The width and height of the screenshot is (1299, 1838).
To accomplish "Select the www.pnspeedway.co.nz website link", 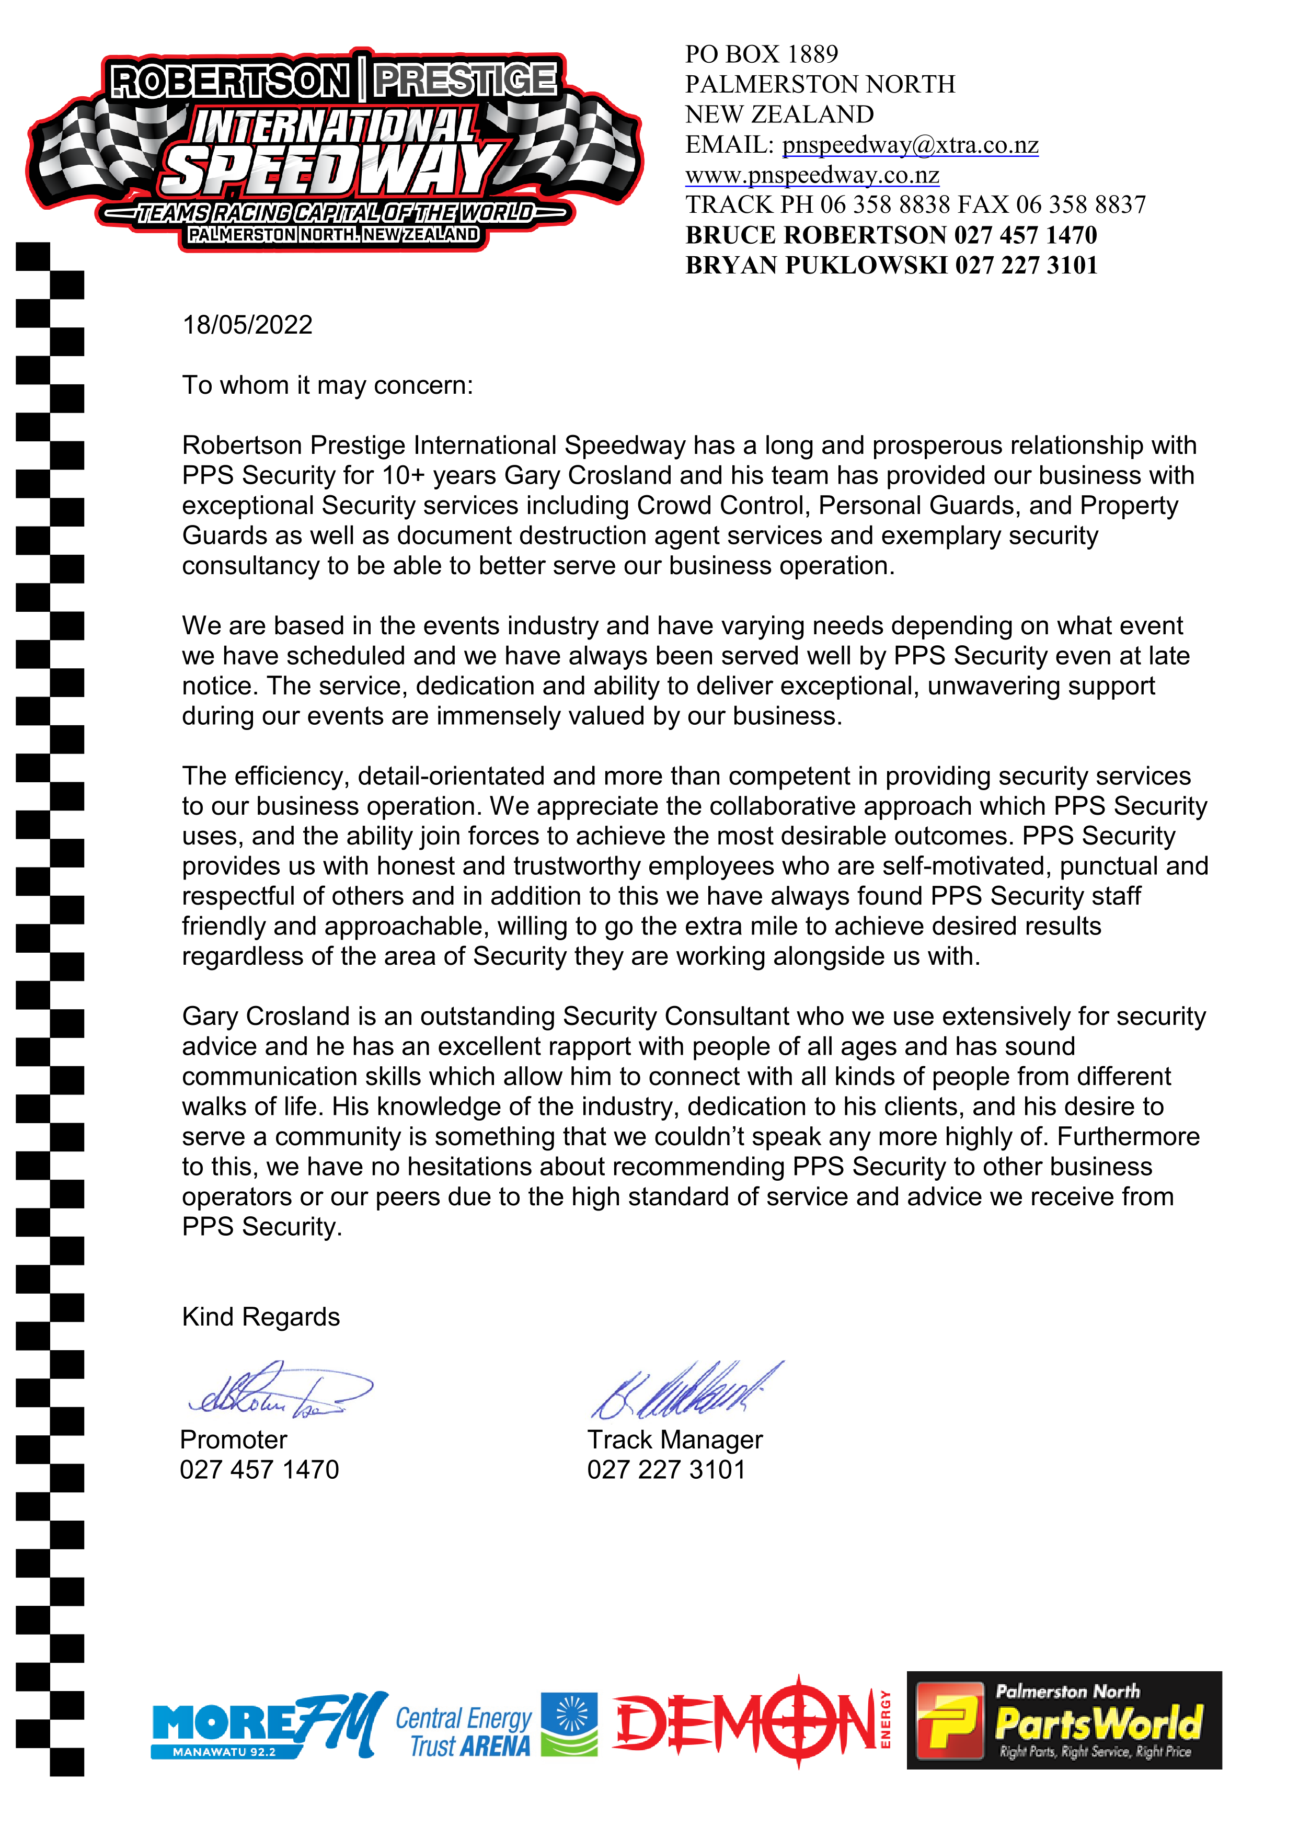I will point(812,175).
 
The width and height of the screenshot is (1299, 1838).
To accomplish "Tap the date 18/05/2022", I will point(247,325).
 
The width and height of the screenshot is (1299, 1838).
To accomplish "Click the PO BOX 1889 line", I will point(761,54).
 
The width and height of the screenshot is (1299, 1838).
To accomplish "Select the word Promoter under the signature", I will point(234,1440).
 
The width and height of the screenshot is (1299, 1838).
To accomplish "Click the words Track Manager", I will point(675,1440).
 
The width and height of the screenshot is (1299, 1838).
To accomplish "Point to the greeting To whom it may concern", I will point(327,386).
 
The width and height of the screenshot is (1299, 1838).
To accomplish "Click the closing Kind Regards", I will point(261,1317).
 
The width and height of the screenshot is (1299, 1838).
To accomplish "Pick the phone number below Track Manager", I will point(666,1470).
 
